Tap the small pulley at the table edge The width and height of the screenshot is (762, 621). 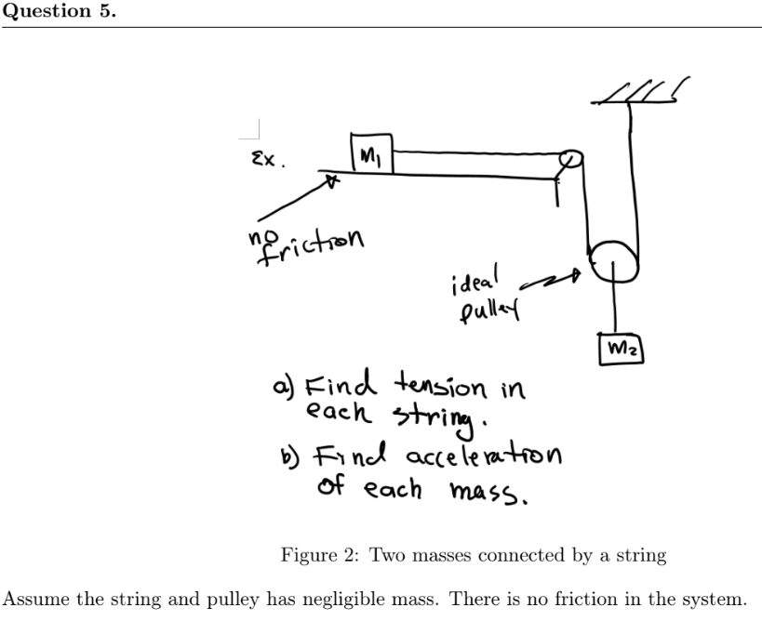click(570, 159)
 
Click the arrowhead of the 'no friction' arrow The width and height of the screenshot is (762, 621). click(328, 181)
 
